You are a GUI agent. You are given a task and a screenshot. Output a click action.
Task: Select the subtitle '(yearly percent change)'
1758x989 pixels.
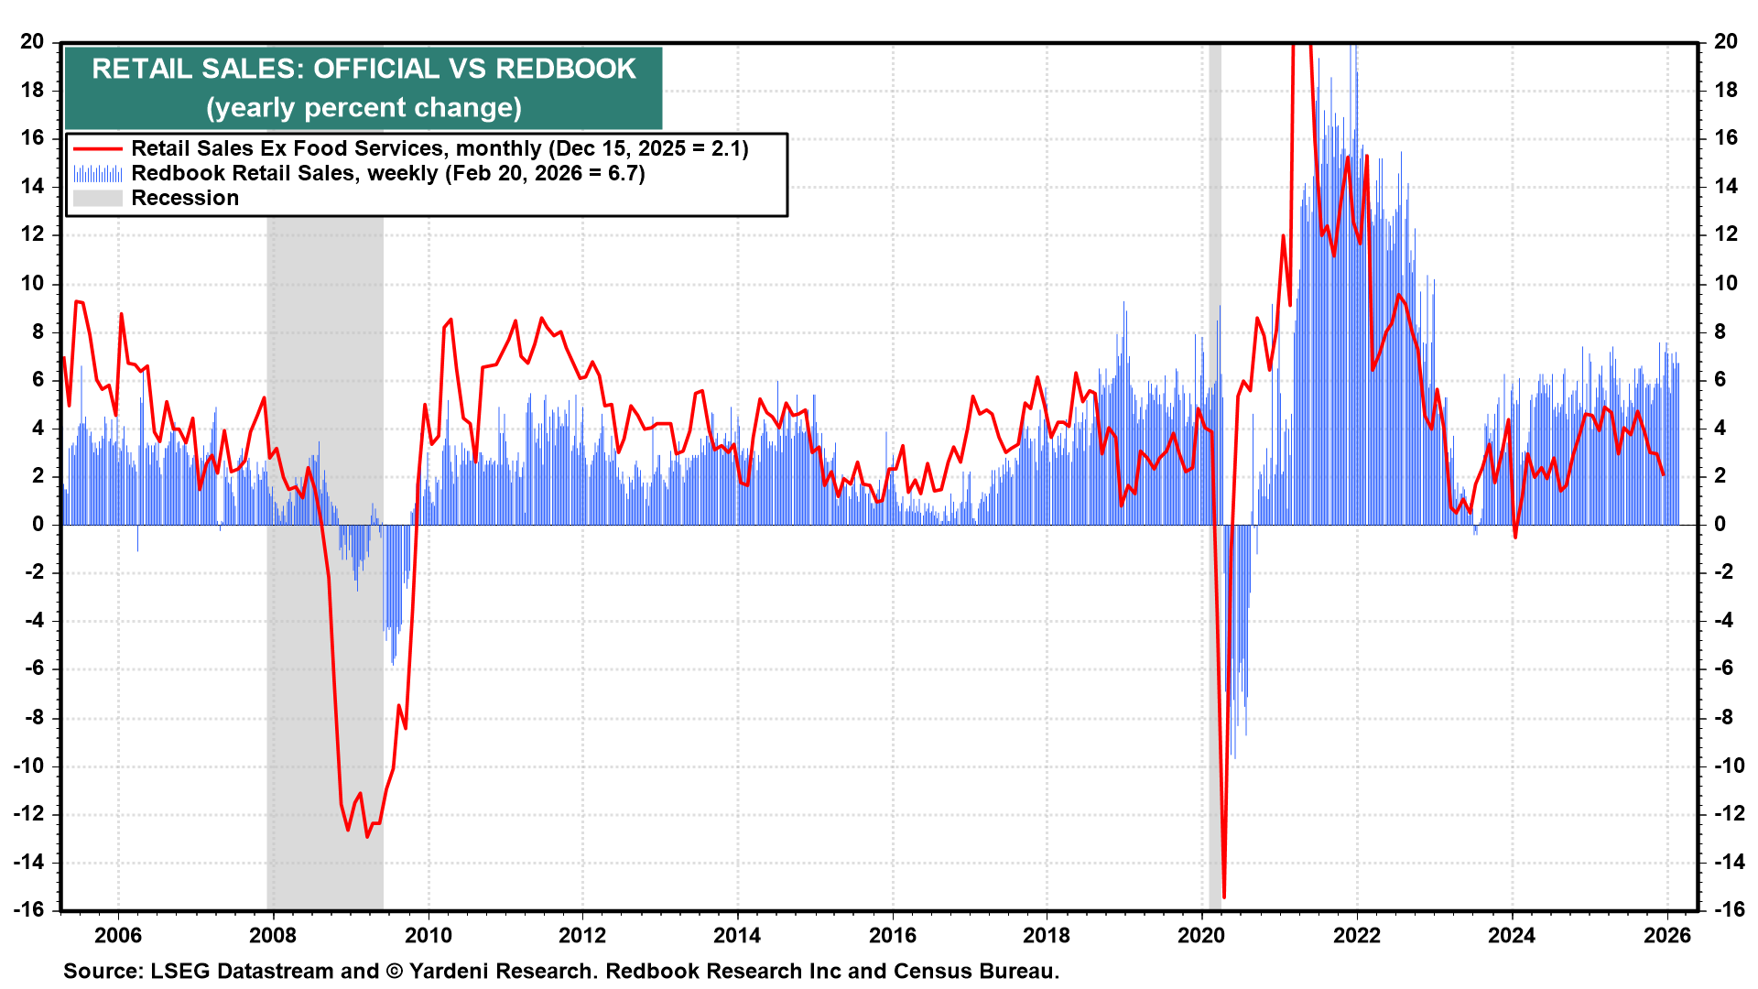coord(364,108)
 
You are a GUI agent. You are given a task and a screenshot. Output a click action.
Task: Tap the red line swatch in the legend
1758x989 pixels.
coord(97,148)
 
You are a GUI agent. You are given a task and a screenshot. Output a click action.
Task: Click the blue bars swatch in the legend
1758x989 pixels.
coord(97,173)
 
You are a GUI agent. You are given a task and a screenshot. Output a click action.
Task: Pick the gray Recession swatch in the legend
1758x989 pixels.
coord(97,198)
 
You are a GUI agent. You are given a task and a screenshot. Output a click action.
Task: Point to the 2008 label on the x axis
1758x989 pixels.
coord(273,935)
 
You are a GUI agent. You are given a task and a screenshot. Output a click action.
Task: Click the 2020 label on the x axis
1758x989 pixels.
coord(1201,935)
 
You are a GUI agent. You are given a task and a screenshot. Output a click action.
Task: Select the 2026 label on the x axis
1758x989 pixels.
coord(1667,935)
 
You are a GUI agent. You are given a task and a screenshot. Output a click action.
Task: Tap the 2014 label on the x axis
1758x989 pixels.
coord(737,935)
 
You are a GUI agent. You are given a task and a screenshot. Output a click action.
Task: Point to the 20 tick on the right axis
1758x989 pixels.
coord(1726,41)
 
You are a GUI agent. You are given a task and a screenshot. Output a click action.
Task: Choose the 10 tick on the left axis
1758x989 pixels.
coord(33,283)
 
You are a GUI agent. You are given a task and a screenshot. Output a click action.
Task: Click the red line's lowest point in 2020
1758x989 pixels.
coord(1224,897)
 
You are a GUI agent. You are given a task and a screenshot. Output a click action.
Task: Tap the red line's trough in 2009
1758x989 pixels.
coord(367,837)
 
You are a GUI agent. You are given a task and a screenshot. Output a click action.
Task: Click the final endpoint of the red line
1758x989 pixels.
coord(1663,474)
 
